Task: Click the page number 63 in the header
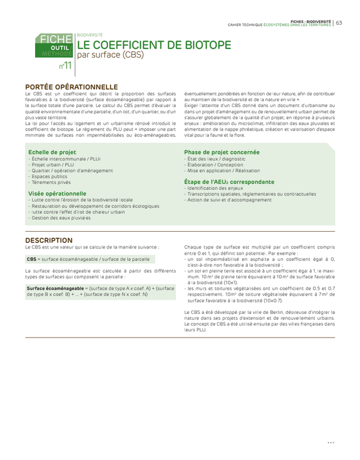click(339, 22)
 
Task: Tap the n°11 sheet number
click(65, 66)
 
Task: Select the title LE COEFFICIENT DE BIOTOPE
click(154, 45)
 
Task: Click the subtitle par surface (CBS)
click(110, 55)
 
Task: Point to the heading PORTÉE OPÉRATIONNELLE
click(71, 86)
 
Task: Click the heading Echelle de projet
click(52, 152)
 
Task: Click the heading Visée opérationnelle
click(58, 194)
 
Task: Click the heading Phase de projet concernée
click(221, 152)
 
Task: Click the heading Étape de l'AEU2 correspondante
click(229, 182)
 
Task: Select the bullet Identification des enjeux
click(215, 188)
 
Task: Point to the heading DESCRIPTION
click(49, 240)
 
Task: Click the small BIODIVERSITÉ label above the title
click(90, 35)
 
